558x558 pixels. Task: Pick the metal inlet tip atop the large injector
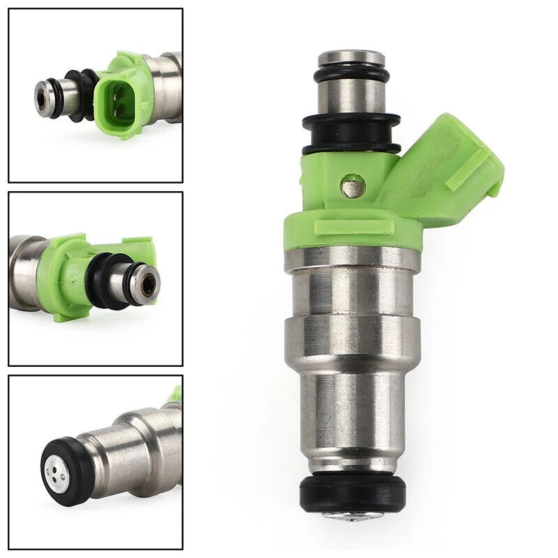[x=352, y=57]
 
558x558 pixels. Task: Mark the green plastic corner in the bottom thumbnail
[x=174, y=395]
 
